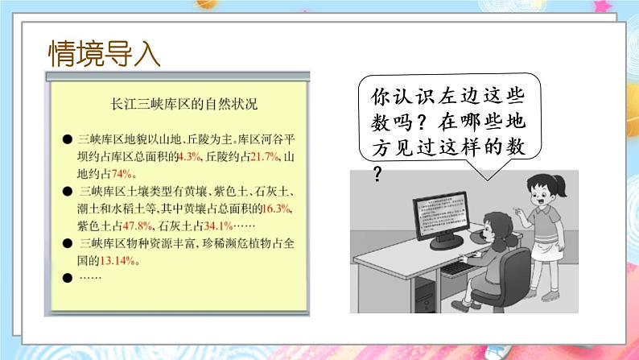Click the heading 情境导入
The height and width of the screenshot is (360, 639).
pyautogui.click(x=105, y=55)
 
